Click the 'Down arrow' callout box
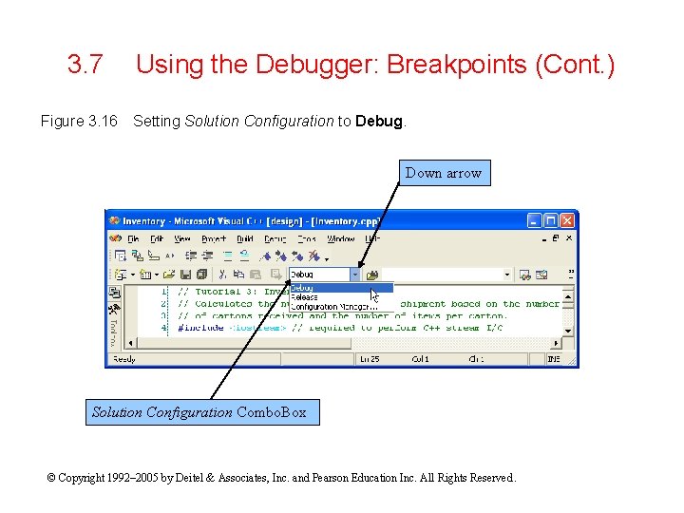(444, 173)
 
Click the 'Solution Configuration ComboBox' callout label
(199, 412)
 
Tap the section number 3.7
(85, 66)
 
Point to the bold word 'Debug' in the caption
(379, 121)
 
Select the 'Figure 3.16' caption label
(79, 121)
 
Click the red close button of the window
(567, 220)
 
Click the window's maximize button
(552, 220)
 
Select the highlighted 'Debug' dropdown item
(303, 288)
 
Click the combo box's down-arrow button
(355, 275)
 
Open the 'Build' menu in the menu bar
(245, 239)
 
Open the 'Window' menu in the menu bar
(341, 239)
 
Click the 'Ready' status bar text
(124, 359)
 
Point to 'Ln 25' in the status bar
(369, 359)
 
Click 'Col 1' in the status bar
(420, 359)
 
